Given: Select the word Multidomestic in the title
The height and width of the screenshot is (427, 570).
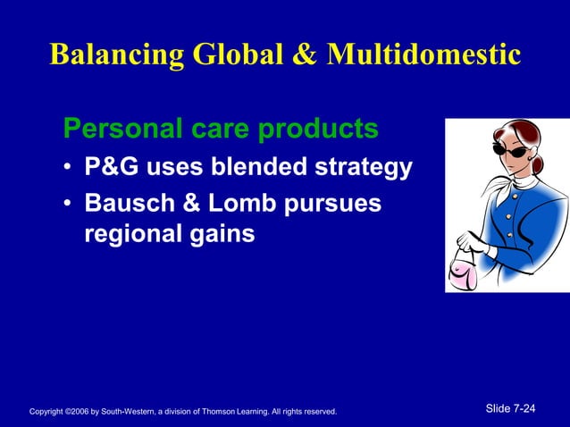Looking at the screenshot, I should (x=423, y=54).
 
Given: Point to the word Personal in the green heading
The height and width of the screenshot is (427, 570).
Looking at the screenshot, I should (x=113, y=130).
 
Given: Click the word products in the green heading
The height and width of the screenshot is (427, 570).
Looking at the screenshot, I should (x=317, y=130).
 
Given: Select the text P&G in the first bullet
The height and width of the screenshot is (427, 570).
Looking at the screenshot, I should (x=109, y=168).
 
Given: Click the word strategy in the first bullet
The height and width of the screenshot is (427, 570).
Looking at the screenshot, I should (x=362, y=168).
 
